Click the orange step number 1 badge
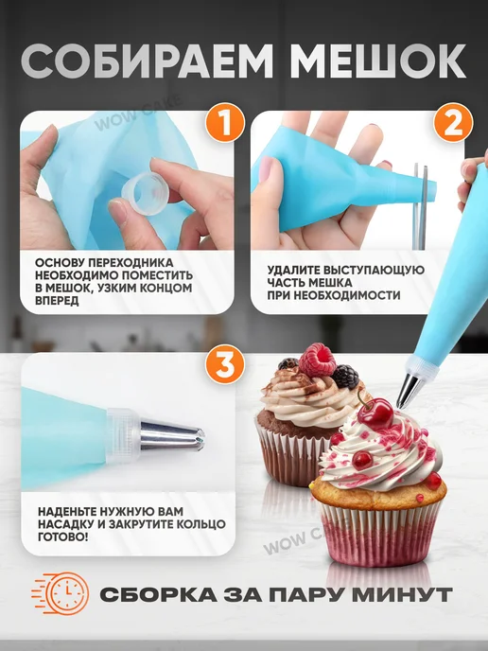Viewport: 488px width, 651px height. tap(224, 122)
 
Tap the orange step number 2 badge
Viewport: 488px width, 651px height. tap(453, 122)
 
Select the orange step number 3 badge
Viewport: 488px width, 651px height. tap(224, 364)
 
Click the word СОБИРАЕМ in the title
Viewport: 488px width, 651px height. tap(147, 62)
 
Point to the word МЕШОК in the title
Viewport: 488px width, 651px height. tap(378, 62)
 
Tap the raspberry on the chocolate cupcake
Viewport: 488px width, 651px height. tap(317, 361)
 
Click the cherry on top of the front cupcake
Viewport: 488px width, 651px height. tap(375, 413)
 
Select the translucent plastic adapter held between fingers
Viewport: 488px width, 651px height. tap(146, 193)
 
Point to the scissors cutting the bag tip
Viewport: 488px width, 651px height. tap(420, 206)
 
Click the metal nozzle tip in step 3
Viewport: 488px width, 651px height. tap(173, 435)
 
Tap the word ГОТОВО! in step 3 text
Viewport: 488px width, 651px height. tap(62, 537)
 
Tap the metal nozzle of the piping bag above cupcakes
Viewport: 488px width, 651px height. tap(410, 390)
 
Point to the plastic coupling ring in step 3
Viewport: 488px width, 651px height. tap(124, 435)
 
